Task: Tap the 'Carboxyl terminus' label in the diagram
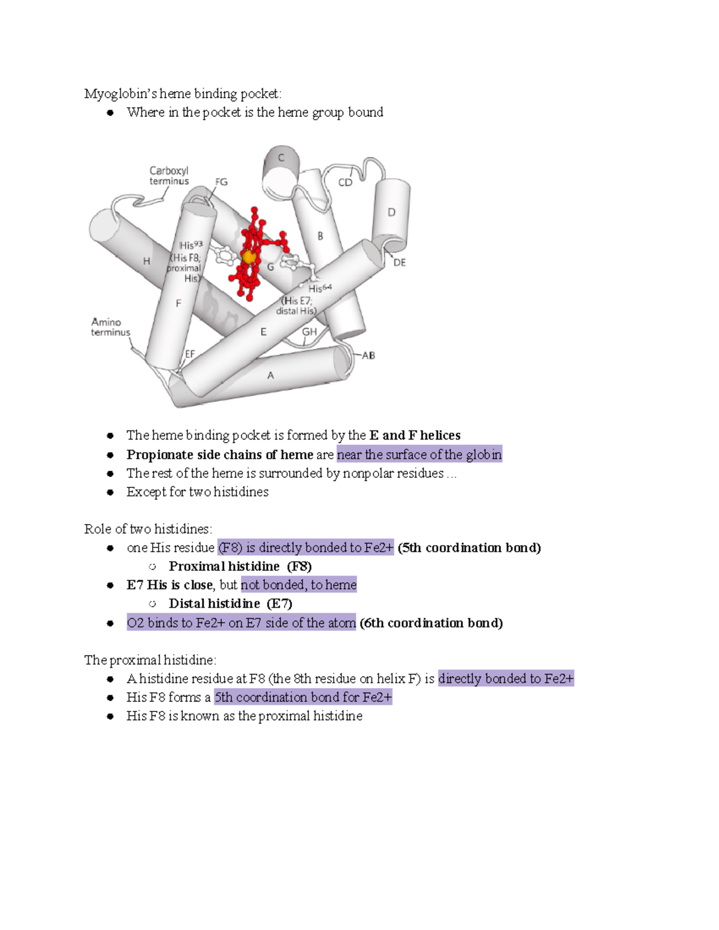click(x=169, y=176)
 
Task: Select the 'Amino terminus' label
click(x=110, y=327)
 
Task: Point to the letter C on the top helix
click(x=280, y=158)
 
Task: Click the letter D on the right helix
click(x=391, y=212)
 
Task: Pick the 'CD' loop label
click(x=345, y=183)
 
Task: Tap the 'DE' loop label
click(x=399, y=262)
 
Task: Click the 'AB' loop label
click(x=368, y=355)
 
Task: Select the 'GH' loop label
click(x=309, y=331)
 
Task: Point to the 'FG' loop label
click(x=221, y=182)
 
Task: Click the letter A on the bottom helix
click(x=270, y=375)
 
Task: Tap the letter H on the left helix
click(x=146, y=261)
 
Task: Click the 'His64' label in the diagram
click(x=319, y=289)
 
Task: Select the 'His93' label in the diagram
click(x=191, y=245)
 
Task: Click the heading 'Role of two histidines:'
click(x=148, y=529)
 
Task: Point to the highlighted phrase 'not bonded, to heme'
click(x=298, y=584)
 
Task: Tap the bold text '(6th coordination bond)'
click(x=431, y=623)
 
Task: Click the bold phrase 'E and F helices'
click(x=415, y=435)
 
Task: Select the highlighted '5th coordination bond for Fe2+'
click(x=303, y=697)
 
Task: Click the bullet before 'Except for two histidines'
click(x=110, y=492)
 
